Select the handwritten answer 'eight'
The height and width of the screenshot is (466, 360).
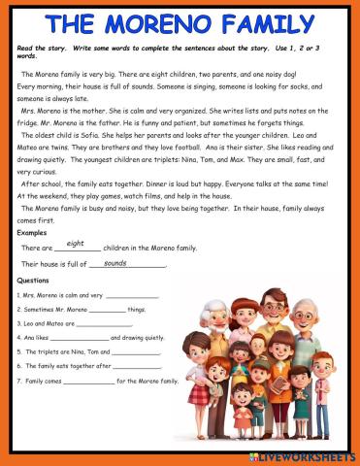(76, 244)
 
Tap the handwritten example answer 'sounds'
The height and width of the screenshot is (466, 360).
(115, 263)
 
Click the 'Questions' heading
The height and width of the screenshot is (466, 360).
(34, 280)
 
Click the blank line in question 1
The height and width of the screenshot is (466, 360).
(132, 295)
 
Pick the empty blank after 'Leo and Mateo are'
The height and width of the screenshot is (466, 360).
(104, 324)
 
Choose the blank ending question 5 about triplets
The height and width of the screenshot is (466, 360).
(134, 352)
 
